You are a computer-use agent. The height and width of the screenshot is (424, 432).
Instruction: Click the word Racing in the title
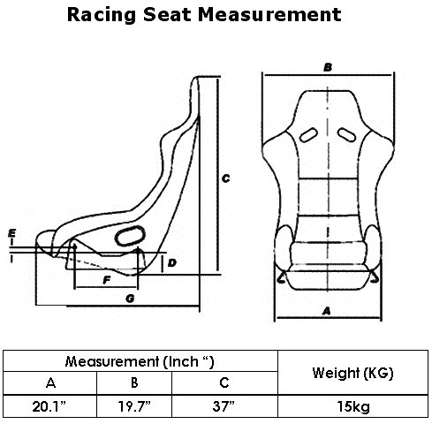[102, 15]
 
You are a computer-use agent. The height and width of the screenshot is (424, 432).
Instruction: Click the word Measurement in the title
[269, 14]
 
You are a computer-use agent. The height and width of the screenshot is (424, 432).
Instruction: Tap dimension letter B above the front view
[328, 67]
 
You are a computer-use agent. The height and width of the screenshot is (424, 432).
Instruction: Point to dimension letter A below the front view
[326, 311]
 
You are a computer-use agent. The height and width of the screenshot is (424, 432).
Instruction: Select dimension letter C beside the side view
[225, 178]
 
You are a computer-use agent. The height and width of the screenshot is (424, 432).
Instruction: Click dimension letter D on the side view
[171, 262]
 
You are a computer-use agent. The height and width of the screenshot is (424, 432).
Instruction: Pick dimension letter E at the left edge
[11, 233]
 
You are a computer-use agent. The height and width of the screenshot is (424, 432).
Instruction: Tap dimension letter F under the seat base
[107, 280]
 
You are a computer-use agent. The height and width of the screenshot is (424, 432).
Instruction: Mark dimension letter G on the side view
[130, 299]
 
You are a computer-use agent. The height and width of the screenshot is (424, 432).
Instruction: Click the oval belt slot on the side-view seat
[130, 236]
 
